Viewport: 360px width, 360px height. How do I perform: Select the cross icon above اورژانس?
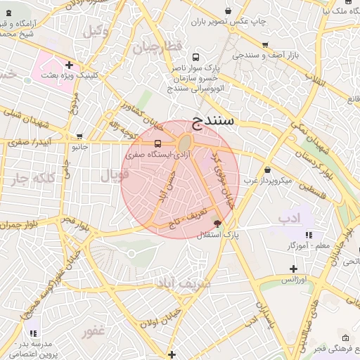[293, 269]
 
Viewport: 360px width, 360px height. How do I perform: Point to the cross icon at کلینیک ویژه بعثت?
[69, 65]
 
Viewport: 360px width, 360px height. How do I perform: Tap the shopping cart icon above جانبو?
[79, 136]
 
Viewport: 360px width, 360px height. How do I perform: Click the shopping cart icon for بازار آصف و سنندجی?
[265, 44]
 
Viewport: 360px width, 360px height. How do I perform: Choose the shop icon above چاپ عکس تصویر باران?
[229, 11]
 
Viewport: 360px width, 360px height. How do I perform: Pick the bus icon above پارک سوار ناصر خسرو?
[195, 58]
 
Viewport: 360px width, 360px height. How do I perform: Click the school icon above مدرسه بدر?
[32, 333]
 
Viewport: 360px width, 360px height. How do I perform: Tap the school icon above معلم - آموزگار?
[308, 235]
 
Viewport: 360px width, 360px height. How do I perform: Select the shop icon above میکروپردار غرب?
[267, 169]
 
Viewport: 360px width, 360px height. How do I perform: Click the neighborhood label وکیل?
[96, 31]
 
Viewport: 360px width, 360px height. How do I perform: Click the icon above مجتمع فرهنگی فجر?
[343, 338]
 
